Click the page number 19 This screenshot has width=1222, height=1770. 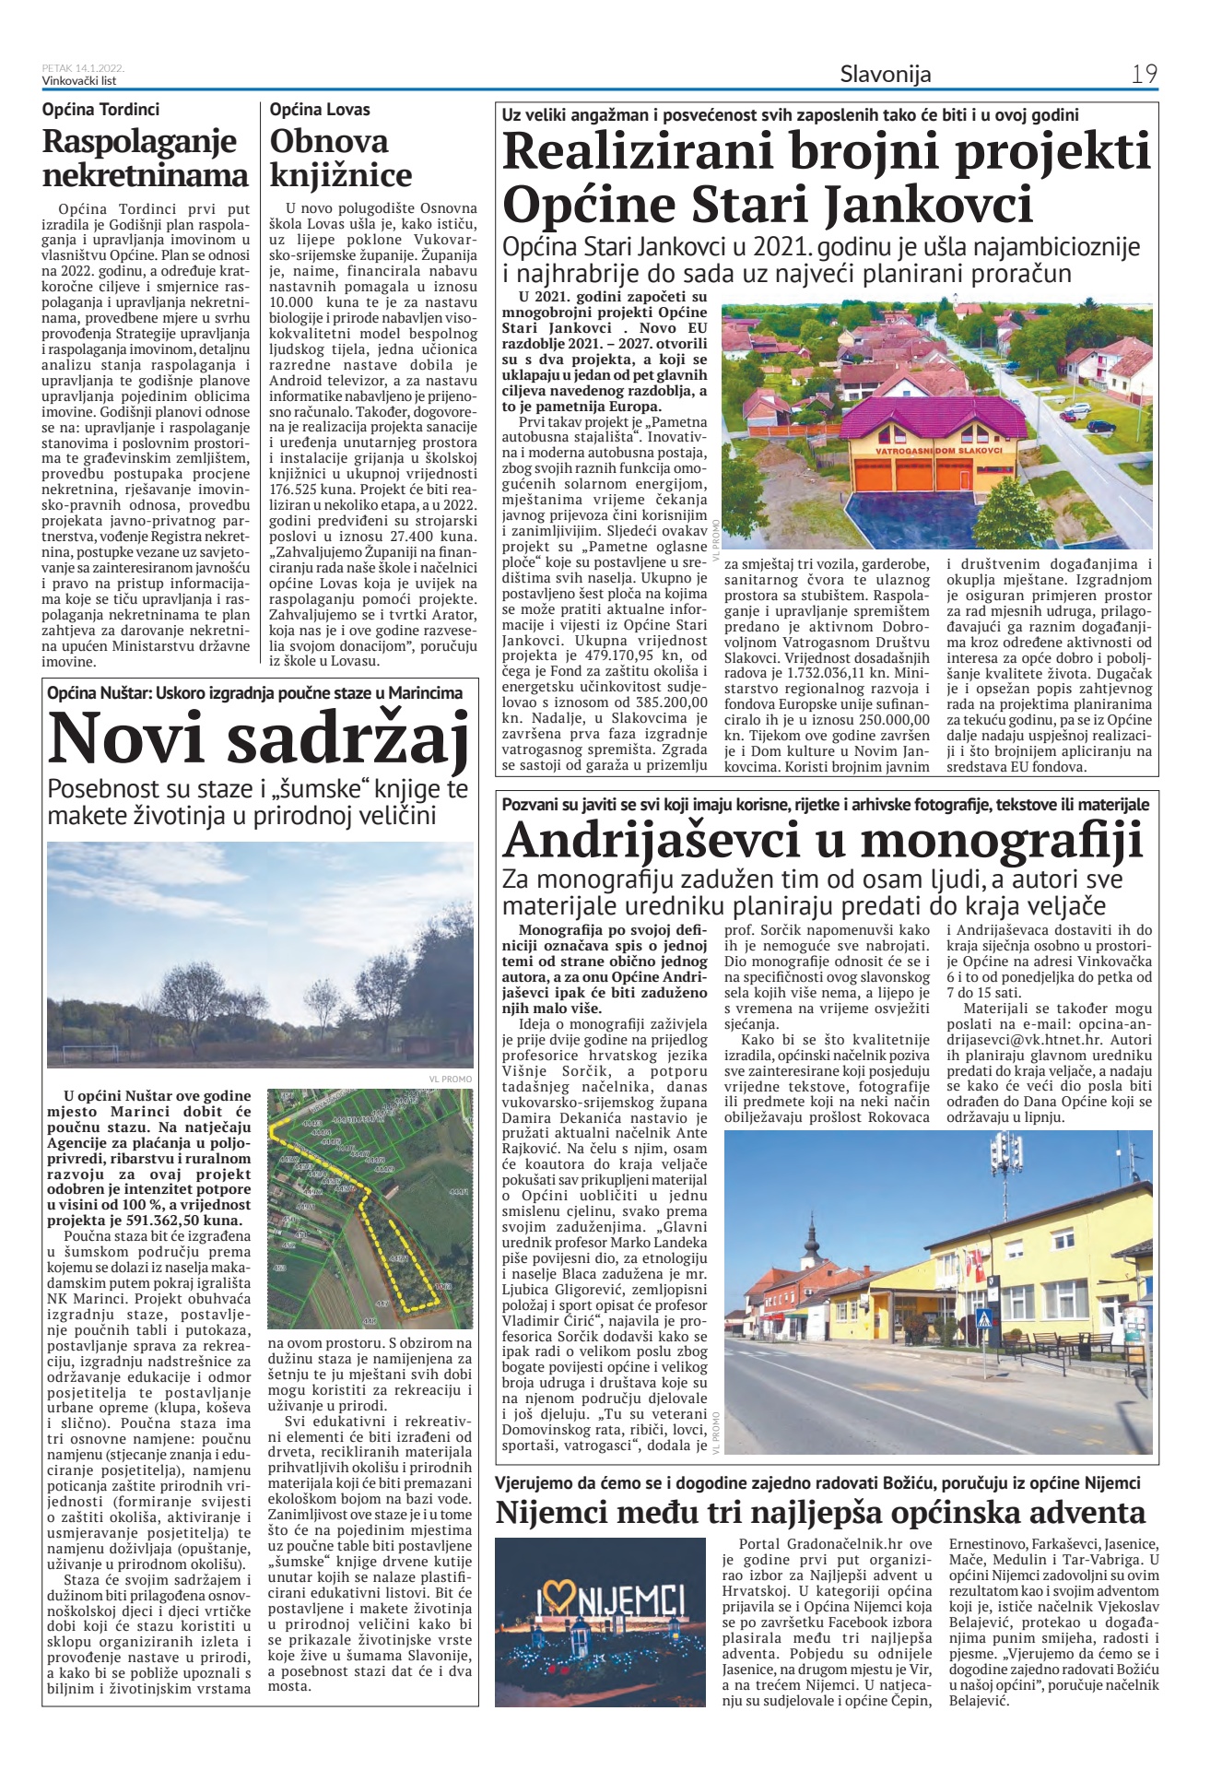(x=1144, y=74)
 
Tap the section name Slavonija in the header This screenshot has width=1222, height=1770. (x=885, y=74)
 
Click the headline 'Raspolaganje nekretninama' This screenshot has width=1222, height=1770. (x=146, y=158)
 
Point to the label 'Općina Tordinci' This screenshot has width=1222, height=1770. (x=100, y=109)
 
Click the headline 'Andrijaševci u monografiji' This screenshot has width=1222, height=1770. (x=823, y=840)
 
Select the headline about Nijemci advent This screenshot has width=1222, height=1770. (x=820, y=1513)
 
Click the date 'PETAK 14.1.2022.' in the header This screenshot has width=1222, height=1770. (x=83, y=68)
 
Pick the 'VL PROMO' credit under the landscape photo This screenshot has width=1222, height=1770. (x=450, y=1079)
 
